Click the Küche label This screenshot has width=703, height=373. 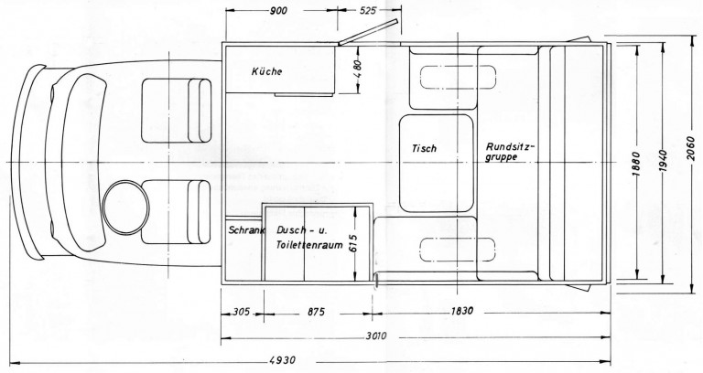point(266,71)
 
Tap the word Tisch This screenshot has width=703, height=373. point(424,148)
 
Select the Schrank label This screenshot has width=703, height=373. point(246,230)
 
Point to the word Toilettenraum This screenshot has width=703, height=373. point(309,245)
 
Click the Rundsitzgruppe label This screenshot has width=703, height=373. point(510,152)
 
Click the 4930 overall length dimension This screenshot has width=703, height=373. point(283,360)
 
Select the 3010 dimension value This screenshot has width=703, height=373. point(375,336)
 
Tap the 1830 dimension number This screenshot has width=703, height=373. point(461,311)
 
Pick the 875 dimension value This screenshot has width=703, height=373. point(316,312)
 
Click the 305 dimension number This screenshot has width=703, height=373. point(242,312)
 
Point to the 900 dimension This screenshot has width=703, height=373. point(278,11)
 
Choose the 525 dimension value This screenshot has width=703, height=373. point(368,10)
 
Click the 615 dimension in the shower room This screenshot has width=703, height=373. point(352,243)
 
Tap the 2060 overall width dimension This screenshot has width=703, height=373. point(690,150)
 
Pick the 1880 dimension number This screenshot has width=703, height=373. point(637,164)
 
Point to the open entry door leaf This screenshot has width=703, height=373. point(368,32)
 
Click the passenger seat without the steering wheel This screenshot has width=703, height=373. point(176,111)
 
